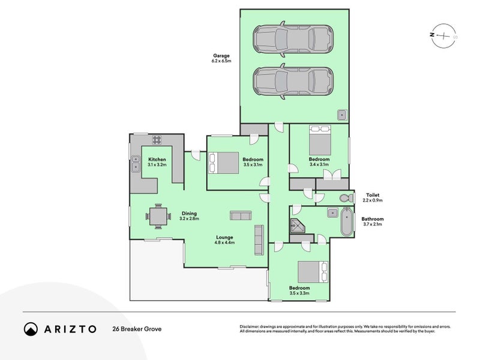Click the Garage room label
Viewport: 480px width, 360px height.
[x=221, y=56]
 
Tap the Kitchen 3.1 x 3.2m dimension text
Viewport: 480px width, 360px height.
[x=157, y=164]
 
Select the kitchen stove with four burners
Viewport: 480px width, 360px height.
[x=157, y=140]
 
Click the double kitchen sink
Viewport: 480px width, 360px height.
[x=136, y=164]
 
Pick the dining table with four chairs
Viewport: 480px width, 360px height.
[x=158, y=217]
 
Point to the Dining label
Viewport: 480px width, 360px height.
[x=189, y=214]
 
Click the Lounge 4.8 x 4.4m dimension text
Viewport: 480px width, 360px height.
[x=224, y=243]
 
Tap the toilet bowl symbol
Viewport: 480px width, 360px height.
[x=347, y=198]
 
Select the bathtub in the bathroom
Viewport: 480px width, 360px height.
[x=347, y=221]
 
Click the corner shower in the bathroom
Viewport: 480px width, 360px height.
[x=297, y=226]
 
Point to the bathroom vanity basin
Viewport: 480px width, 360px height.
[x=332, y=212]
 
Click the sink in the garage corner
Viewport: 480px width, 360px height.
[x=342, y=115]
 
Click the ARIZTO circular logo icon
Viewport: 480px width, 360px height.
[x=31, y=329]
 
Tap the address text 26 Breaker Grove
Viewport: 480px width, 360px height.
[x=137, y=329]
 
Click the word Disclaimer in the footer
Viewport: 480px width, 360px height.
[x=249, y=326]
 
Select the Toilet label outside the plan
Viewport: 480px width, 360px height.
[x=373, y=195]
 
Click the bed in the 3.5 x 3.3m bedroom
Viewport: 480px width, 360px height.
[x=313, y=272]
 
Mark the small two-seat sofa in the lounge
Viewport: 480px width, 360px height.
[x=241, y=215]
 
